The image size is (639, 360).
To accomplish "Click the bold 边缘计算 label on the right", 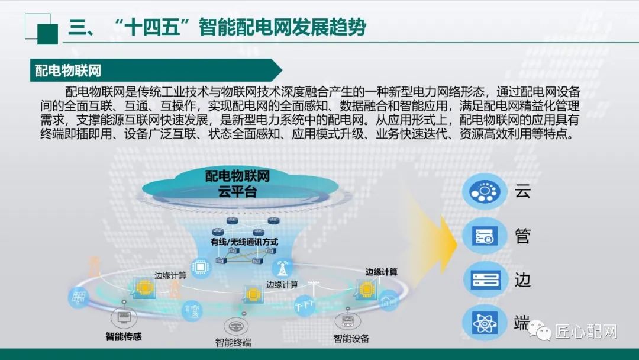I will tap(381, 272).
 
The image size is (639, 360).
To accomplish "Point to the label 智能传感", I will tap(124, 337).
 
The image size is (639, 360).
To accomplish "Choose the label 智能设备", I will tap(351, 338).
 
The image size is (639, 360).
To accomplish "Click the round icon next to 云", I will tap(485, 191).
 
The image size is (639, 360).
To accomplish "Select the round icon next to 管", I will tap(485, 235).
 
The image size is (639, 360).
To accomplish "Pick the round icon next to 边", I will tap(485, 279).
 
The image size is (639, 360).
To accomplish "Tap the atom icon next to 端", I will tap(485, 323).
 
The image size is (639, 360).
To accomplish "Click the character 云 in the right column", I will tap(522, 191).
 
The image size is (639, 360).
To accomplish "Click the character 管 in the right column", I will tap(522, 236).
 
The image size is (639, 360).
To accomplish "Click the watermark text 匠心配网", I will tap(585, 332).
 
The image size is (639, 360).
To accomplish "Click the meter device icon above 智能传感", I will tap(124, 317).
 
